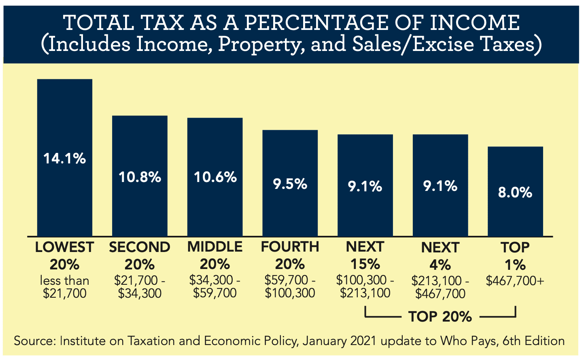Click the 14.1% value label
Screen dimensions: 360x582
point(65,159)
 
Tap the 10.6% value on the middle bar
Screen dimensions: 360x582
point(215,177)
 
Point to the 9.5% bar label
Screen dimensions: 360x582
point(290,184)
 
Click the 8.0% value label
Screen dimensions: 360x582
point(515,193)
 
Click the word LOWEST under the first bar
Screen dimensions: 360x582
point(65,247)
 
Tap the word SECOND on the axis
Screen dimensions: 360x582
point(140,247)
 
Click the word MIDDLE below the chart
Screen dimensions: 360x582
point(215,247)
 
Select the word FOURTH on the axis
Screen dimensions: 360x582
point(290,247)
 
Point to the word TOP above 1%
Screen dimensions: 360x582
point(515,247)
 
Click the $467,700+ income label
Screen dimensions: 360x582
point(515,281)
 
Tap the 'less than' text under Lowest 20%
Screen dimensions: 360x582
point(65,280)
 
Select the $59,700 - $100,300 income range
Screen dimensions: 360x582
point(290,286)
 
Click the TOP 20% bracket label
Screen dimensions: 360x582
point(440,316)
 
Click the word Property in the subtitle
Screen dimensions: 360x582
point(261,44)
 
